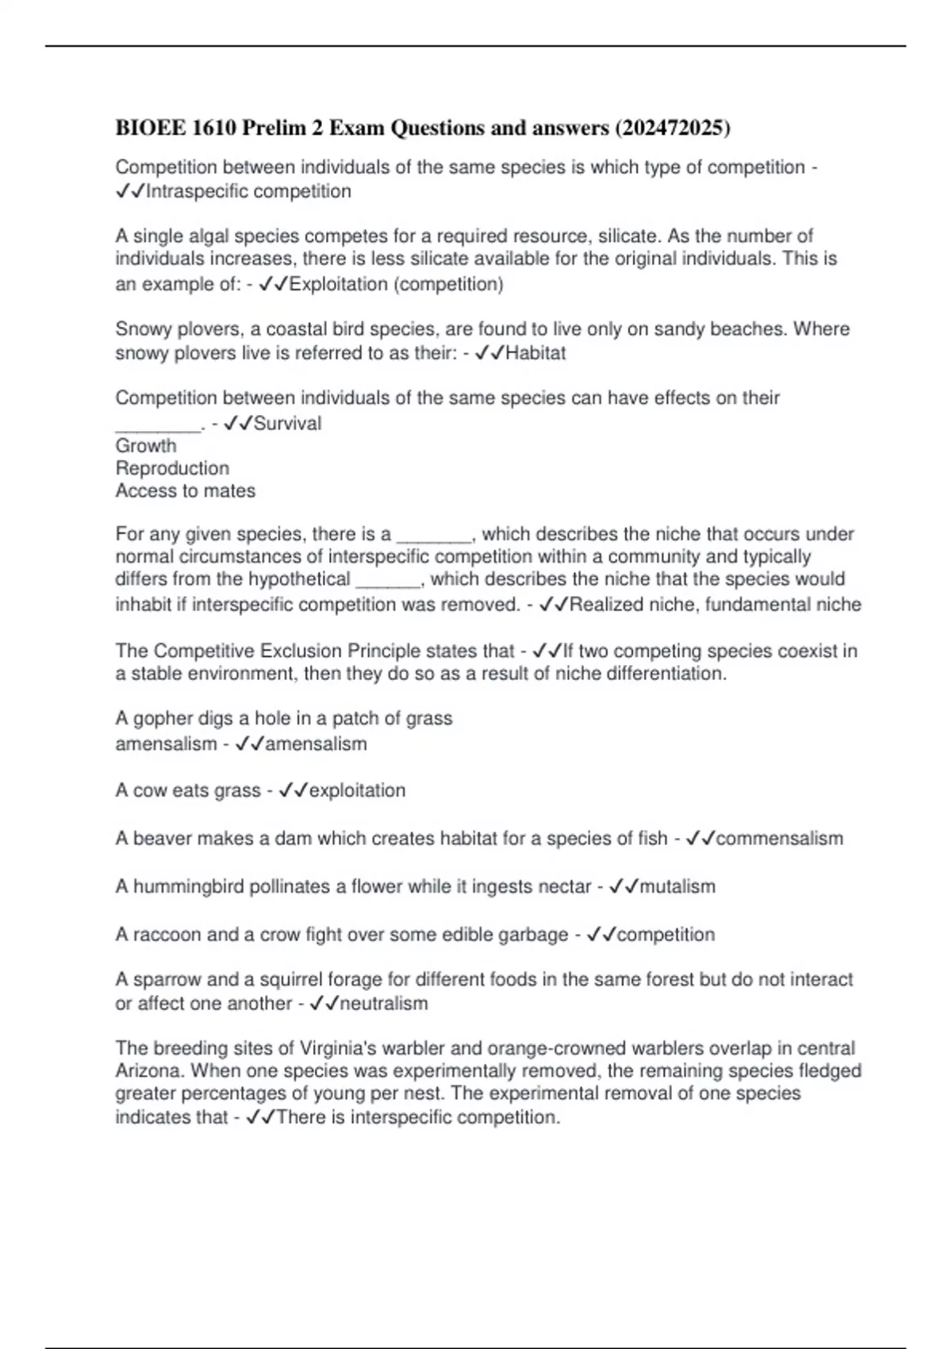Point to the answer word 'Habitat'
point(535,353)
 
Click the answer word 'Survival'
point(287,424)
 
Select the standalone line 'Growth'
point(146,446)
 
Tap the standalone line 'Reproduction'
point(172,468)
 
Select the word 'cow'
point(149,790)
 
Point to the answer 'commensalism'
point(780,839)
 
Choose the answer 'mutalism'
point(678,886)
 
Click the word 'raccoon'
point(167,935)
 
